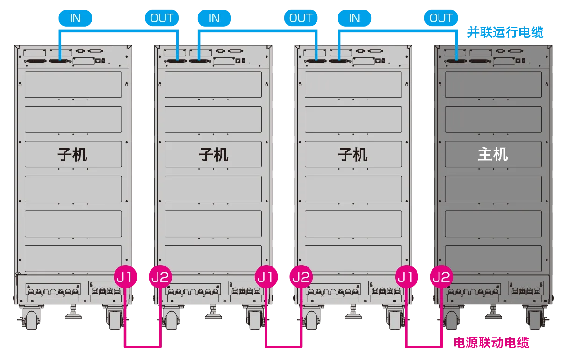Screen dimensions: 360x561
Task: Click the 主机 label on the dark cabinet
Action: (493, 154)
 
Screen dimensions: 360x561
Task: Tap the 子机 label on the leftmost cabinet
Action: (72, 154)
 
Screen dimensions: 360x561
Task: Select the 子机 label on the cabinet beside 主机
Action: (353, 154)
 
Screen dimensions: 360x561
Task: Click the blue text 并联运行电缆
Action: (506, 33)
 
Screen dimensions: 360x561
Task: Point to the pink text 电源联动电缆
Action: (491, 343)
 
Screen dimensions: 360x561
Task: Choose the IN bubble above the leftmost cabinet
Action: (75, 18)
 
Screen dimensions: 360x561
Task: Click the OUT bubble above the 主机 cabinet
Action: (441, 18)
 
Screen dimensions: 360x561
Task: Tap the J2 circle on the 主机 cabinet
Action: (440, 277)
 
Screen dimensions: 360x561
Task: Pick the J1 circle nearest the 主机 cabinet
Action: (406, 277)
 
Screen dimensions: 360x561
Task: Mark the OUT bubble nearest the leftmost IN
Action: (162, 18)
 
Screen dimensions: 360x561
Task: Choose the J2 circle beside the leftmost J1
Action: (160, 277)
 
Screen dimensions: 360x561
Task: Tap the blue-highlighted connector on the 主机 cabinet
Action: (456, 60)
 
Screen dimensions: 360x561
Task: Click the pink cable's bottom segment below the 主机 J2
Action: (423, 346)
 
